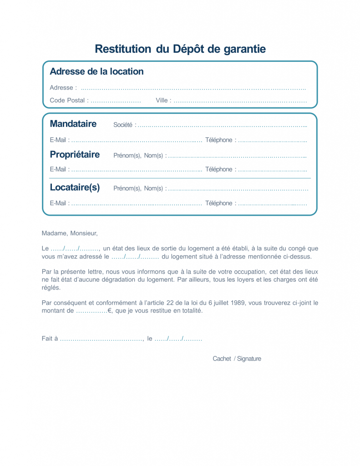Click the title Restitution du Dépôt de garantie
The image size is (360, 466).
point(180,49)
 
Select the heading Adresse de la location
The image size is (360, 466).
point(96,71)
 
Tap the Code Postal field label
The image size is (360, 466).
point(67,101)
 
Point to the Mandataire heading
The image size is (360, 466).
point(73,124)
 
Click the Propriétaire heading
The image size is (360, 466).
point(75,155)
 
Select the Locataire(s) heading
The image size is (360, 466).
point(75,187)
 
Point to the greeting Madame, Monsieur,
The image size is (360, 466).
point(70,233)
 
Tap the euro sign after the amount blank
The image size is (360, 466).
point(110,311)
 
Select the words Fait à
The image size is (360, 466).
point(50,339)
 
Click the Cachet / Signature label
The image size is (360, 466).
point(237,359)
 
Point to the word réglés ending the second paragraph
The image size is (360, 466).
point(51,288)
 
